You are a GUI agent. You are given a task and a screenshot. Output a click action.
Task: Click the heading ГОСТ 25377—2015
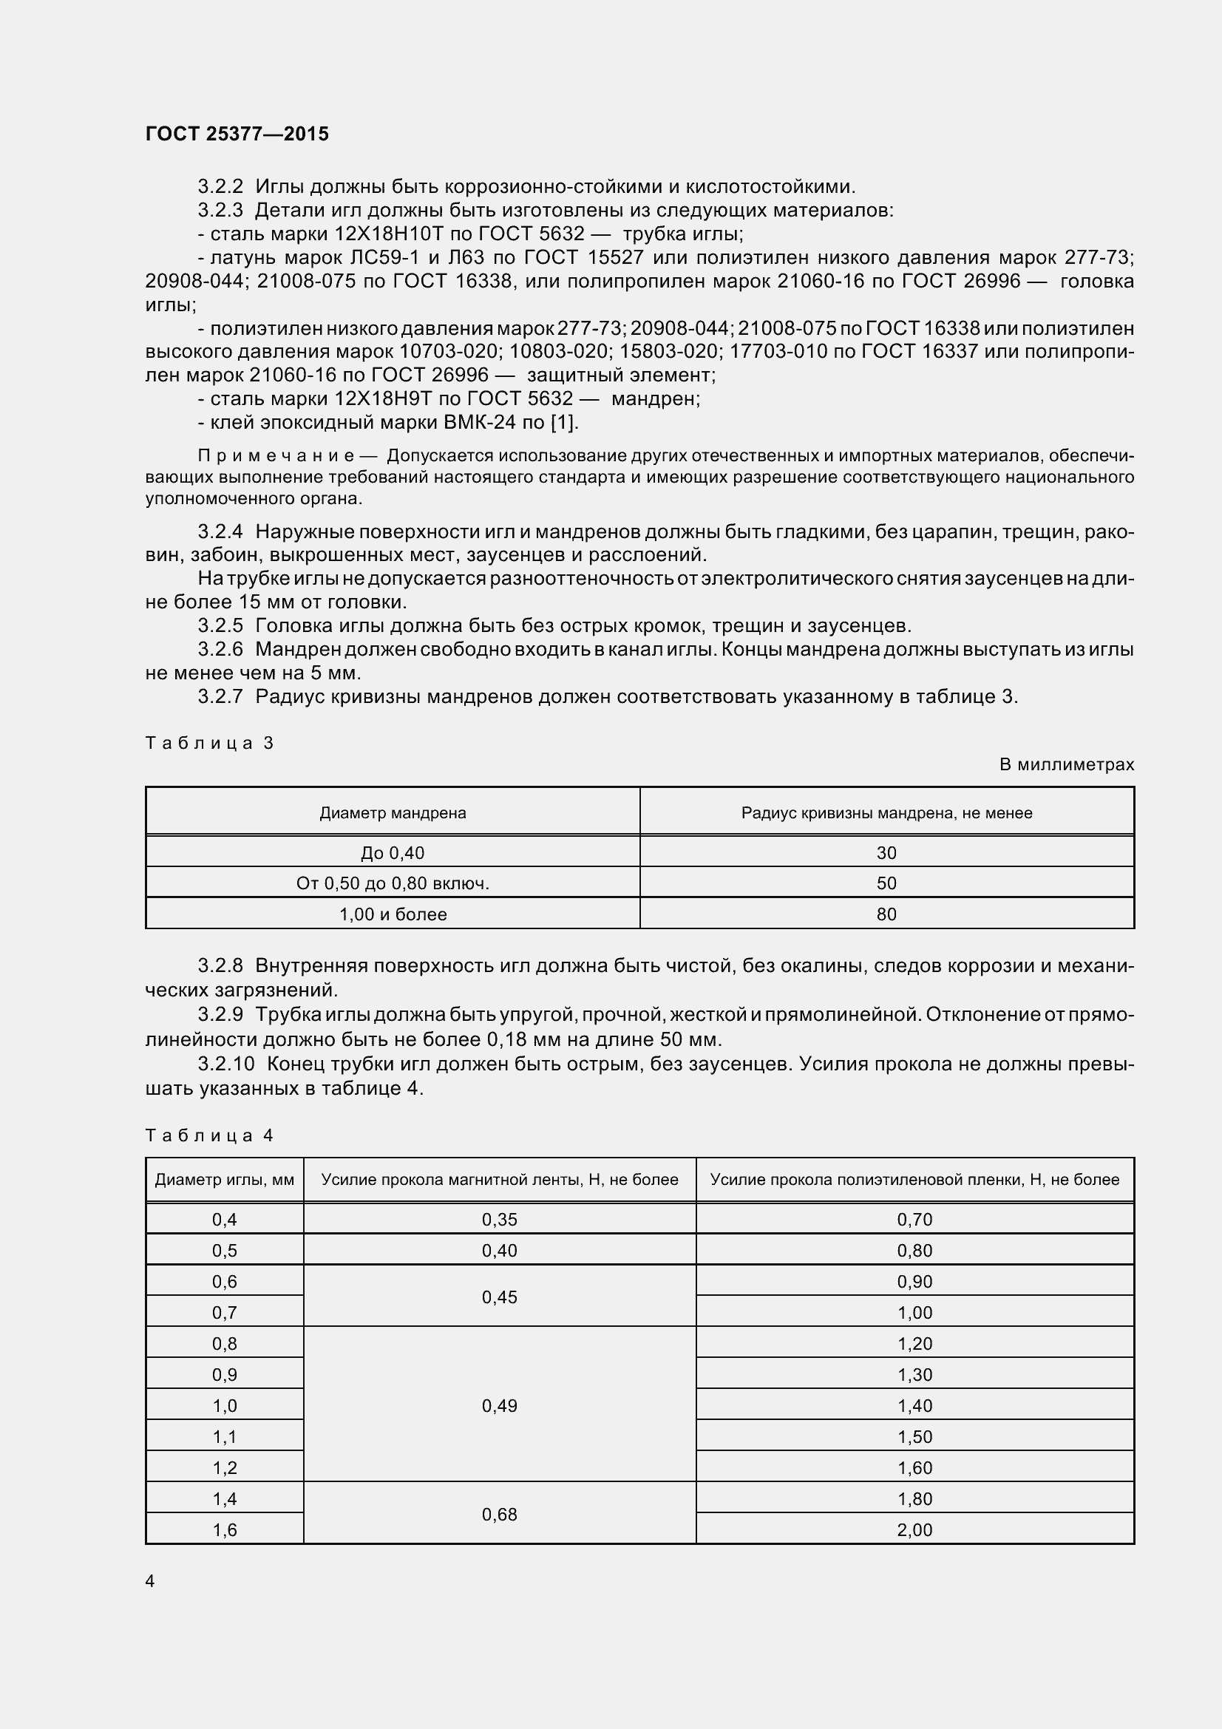pos(237,134)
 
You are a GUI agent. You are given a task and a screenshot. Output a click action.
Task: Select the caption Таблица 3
pos(209,743)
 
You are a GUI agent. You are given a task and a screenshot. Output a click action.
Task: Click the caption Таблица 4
pos(209,1135)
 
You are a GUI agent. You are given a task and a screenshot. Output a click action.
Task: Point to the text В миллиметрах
pos(1066,764)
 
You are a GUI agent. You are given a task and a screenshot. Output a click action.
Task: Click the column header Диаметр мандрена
pos(393,812)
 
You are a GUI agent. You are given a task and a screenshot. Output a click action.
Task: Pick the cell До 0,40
pos(393,852)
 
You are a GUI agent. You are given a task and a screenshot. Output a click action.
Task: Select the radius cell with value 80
pos(886,914)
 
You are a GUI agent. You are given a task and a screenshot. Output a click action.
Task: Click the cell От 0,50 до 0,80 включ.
pos(393,883)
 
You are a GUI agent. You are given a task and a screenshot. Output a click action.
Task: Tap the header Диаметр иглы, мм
pos(225,1179)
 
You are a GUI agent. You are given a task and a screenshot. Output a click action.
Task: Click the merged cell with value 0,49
pos(499,1406)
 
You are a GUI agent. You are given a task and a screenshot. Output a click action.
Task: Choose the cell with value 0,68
pos(499,1515)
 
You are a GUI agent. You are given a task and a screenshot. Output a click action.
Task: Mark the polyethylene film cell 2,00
pos(914,1529)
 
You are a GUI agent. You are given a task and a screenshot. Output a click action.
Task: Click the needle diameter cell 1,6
pos(225,1529)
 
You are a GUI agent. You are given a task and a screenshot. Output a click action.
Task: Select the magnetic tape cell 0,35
pos(499,1219)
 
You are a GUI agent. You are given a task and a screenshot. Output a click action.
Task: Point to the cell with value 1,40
pos(914,1406)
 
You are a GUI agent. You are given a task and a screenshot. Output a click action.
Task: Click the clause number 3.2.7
pos(220,696)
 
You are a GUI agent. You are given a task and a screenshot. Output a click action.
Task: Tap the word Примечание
pos(276,455)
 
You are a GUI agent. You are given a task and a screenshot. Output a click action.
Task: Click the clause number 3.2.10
pos(226,1064)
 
